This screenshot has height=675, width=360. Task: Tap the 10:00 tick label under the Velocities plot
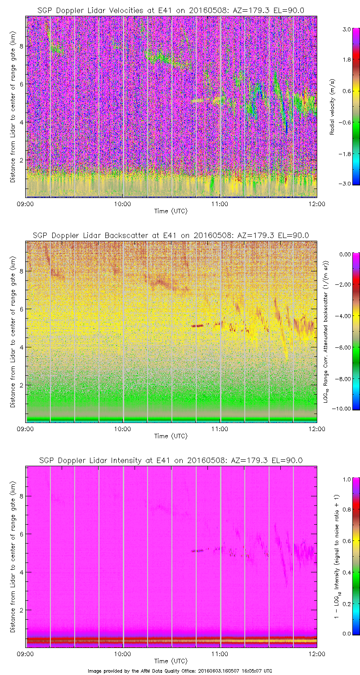click(x=122, y=203)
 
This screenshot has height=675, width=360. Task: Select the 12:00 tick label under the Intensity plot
click(x=317, y=653)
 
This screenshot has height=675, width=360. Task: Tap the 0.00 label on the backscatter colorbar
click(x=346, y=254)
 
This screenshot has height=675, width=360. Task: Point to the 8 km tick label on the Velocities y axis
click(x=20, y=46)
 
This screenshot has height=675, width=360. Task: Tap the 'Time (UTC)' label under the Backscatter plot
click(x=171, y=436)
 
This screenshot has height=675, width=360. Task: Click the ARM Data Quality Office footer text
click(x=180, y=670)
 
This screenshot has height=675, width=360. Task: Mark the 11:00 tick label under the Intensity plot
click(x=220, y=653)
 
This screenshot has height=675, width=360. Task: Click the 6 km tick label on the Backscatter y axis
click(x=20, y=309)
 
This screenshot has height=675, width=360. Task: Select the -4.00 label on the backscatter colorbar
click(x=346, y=316)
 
